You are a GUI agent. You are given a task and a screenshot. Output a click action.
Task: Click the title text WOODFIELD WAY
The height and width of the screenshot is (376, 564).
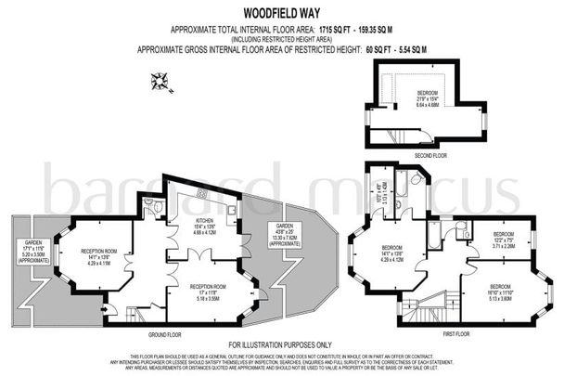[x=282, y=14]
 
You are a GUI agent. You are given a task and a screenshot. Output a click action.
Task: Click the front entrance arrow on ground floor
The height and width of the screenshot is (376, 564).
[x=109, y=310]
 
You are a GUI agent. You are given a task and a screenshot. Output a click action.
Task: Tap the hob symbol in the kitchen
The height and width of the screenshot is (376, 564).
[x=201, y=192]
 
